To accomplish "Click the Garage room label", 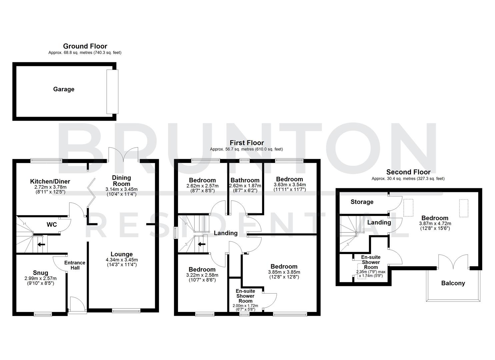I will click(64, 89).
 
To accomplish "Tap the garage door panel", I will click(112, 92).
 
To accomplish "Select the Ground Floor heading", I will click(85, 46).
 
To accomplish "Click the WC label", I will click(52, 225).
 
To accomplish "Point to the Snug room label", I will click(40, 273).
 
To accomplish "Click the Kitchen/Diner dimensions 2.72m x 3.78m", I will click(50, 187).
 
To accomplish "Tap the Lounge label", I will click(122, 254).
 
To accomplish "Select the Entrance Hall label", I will click(75, 265).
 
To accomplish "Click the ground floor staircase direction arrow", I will click(41, 244).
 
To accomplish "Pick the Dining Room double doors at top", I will click(123, 155).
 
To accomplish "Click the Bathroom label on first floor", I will click(245, 180).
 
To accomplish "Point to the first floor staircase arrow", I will click(202, 244).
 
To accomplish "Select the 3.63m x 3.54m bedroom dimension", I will click(289, 185).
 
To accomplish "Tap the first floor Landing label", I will click(226, 233).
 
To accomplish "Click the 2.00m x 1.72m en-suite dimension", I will click(245, 306).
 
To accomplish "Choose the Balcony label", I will click(453, 283).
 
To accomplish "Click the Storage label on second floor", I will click(362, 202).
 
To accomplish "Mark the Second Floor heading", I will click(408, 172).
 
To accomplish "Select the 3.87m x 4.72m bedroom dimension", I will click(435, 224).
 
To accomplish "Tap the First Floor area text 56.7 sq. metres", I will click(246, 149).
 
